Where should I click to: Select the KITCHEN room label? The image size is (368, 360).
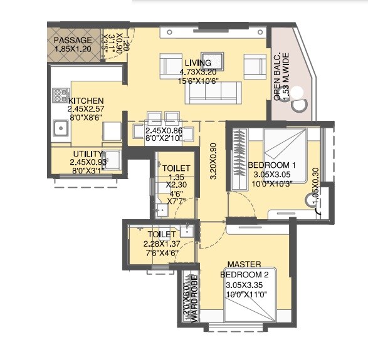click(x=86, y=101)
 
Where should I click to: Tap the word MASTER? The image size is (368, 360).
click(x=244, y=265)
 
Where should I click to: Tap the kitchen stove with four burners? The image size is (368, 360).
click(x=61, y=96)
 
